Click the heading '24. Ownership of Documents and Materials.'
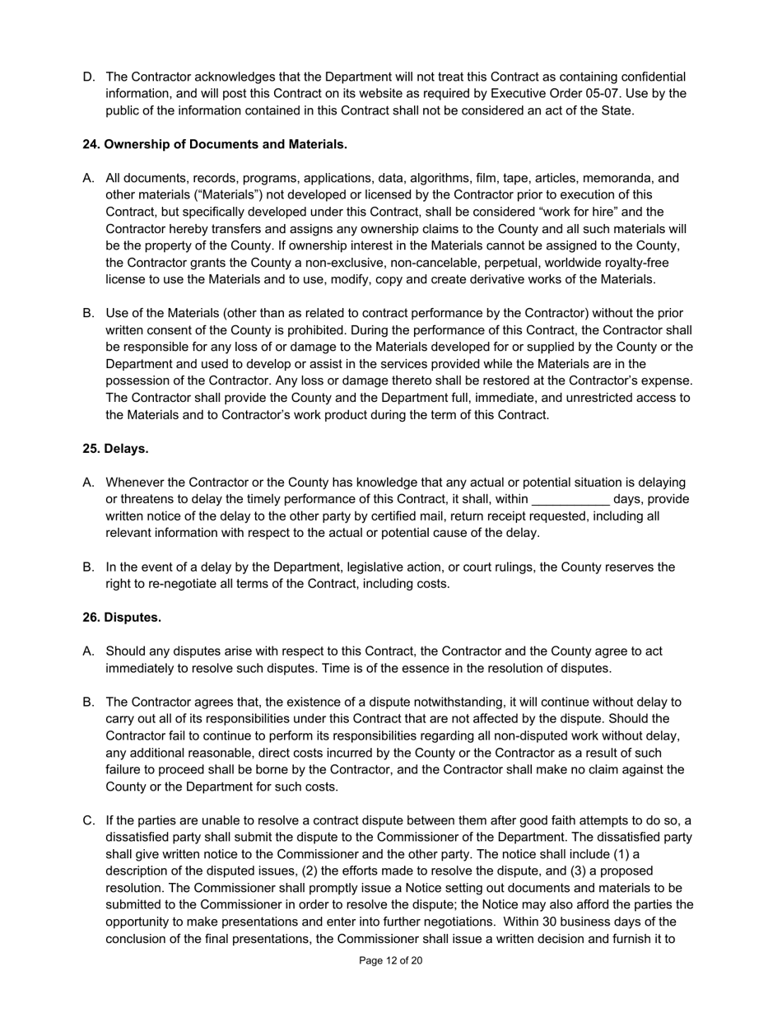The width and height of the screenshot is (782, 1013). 214,144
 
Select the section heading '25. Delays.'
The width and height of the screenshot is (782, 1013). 115,449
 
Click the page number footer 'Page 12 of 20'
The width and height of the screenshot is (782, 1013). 391,960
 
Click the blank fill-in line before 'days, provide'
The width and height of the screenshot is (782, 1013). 570,500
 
